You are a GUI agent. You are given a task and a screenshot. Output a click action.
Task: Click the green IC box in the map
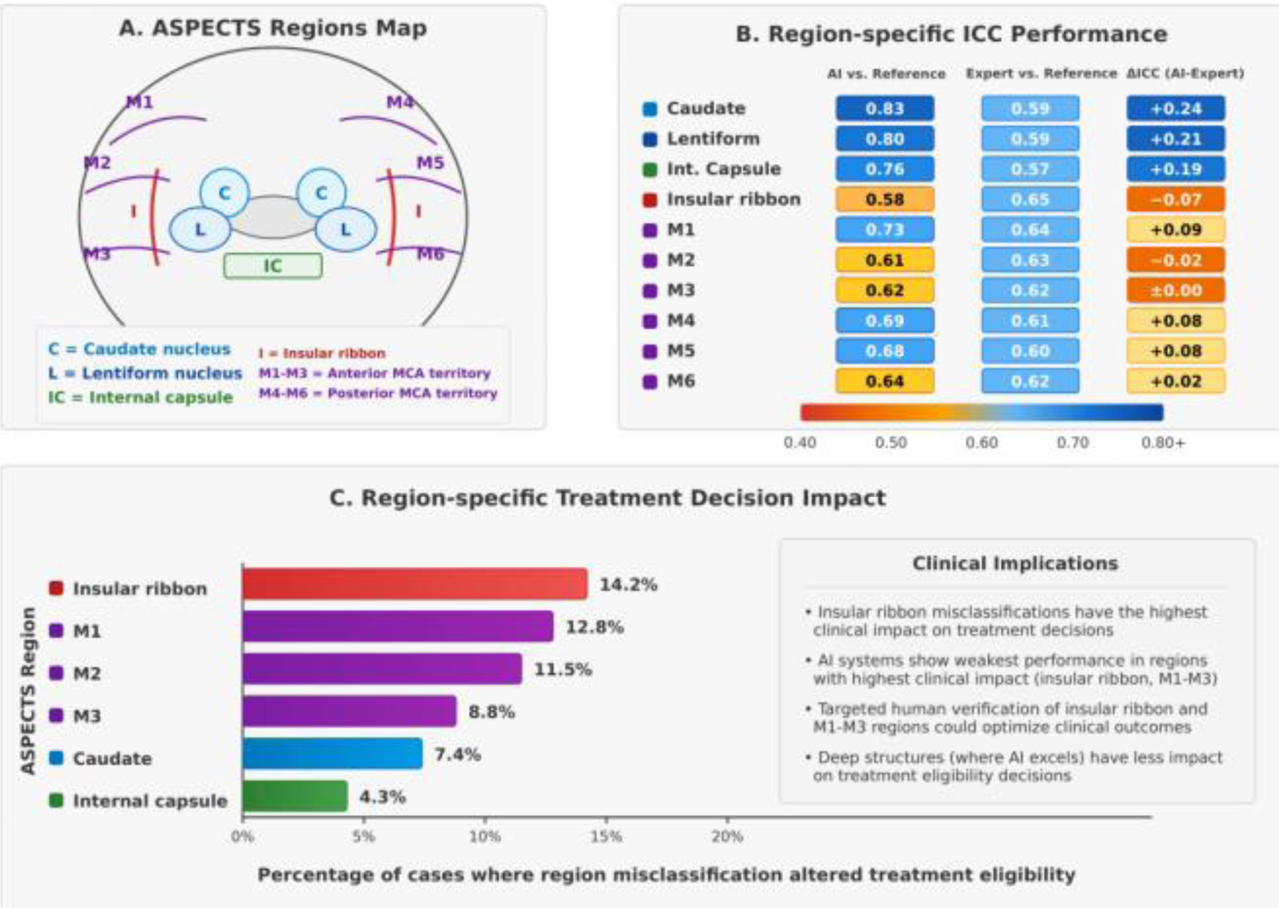coord(273,266)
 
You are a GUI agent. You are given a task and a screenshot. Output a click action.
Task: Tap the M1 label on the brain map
coord(139,102)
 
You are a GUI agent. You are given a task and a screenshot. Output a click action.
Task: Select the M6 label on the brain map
coord(430,254)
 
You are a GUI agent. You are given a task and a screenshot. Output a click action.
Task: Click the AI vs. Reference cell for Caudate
coord(885,109)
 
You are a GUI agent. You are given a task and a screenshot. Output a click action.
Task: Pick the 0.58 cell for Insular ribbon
coord(885,200)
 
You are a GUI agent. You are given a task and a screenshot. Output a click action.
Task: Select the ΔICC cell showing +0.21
coord(1175,139)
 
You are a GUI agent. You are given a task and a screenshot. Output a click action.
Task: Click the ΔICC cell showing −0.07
coord(1175,200)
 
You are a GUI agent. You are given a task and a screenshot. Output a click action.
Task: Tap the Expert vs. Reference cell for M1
coord(1030,230)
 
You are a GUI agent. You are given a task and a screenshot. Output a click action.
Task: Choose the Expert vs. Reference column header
coord(1041,74)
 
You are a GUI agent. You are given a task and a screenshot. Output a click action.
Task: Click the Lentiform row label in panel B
coord(713,139)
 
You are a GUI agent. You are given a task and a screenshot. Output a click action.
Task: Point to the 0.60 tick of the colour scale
coord(981,443)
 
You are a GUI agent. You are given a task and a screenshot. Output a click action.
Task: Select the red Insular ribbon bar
coord(414,584)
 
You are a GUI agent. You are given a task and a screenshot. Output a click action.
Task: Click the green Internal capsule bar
coord(295,796)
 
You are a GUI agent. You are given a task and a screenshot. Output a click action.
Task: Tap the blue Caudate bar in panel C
coord(332,754)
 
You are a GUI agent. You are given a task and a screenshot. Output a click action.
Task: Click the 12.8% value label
coord(594,627)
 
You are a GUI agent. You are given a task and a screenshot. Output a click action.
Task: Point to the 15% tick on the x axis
coord(606,836)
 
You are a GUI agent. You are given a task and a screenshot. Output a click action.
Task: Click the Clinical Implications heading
coord(1015,563)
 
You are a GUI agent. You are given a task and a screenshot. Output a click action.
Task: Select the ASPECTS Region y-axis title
coord(28,691)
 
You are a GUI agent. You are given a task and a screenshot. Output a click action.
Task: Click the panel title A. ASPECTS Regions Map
coord(273,28)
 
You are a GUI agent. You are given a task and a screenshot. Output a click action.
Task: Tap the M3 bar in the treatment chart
coord(349,712)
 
